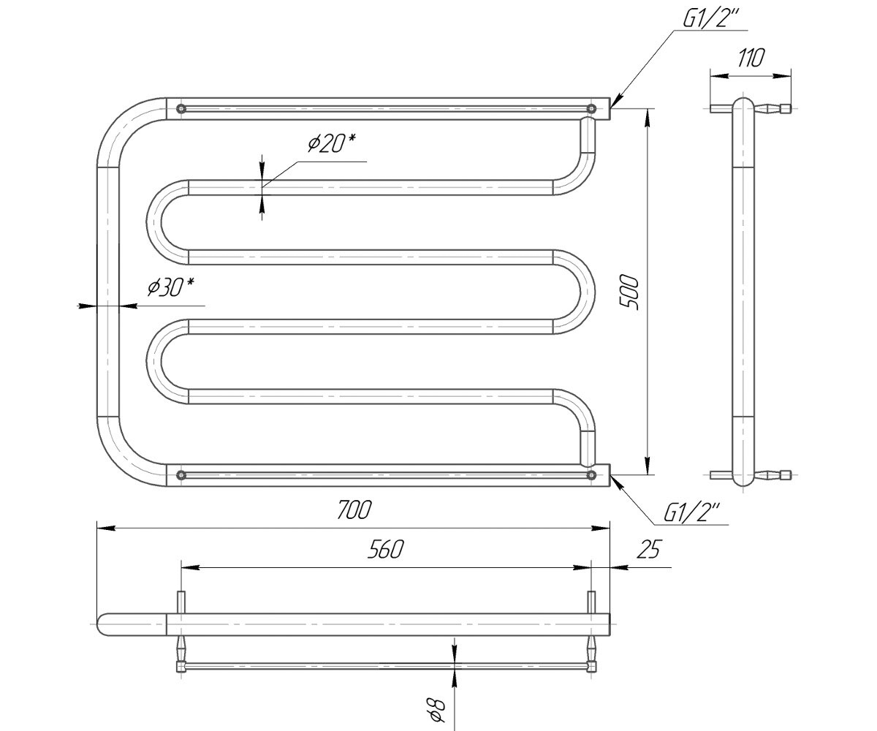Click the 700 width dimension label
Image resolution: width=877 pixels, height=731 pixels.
[354, 510]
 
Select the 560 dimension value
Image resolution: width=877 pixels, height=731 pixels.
[385, 549]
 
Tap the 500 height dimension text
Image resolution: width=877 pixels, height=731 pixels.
[629, 292]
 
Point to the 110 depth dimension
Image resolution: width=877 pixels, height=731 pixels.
[751, 58]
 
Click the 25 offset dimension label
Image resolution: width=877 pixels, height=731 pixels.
[650, 549]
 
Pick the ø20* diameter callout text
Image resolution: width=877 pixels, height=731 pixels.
[331, 143]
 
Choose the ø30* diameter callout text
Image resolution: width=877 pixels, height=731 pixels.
[171, 287]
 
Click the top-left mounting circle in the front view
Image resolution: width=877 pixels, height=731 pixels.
[181, 108]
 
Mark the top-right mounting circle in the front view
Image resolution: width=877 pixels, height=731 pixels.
[591, 108]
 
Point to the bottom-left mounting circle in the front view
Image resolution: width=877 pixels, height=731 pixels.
[181, 475]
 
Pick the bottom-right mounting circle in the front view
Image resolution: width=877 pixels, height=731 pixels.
[591, 475]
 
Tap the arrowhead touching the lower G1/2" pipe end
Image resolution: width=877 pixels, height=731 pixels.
[618, 482]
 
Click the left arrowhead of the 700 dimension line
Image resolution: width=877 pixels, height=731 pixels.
[106, 528]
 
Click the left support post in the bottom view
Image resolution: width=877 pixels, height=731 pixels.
[181, 602]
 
